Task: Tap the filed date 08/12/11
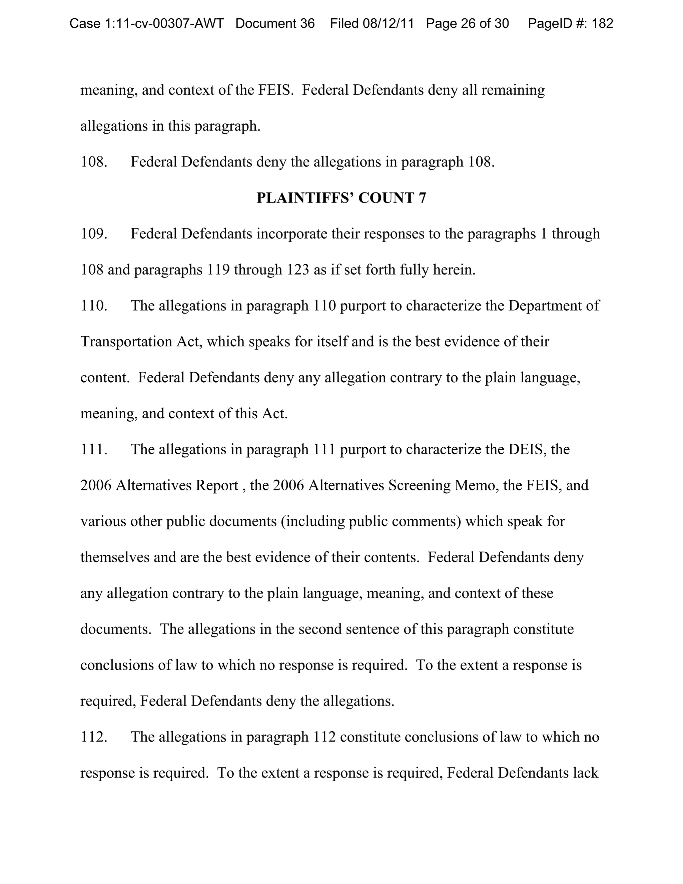click(x=389, y=23)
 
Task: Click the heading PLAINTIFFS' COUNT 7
click(x=341, y=198)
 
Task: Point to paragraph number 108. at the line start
click(x=94, y=162)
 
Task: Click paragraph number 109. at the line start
click(x=94, y=234)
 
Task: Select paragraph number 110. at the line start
click(x=94, y=306)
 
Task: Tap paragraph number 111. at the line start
click(x=94, y=449)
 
